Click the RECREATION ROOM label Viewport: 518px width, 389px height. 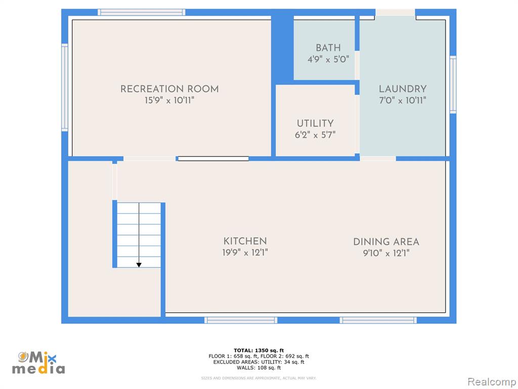click(x=169, y=89)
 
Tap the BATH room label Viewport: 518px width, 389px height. click(x=328, y=48)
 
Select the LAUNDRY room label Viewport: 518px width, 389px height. click(x=403, y=89)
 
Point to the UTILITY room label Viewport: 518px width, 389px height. click(x=315, y=124)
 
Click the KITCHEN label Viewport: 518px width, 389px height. click(x=245, y=241)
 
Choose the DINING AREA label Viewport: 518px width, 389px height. click(x=386, y=242)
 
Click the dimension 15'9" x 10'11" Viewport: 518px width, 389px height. click(x=169, y=100)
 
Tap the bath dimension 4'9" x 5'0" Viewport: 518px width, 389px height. click(x=328, y=60)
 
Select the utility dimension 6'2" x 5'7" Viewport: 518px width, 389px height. click(x=315, y=135)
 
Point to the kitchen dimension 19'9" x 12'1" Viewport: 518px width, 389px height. click(x=245, y=253)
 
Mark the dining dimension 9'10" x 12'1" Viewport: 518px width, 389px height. click(x=386, y=253)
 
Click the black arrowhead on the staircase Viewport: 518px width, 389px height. click(x=139, y=265)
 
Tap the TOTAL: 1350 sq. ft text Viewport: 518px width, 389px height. click(x=258, y=351)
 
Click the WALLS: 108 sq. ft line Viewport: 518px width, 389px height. click(x=258, y=368)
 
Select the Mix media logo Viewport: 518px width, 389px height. click(x=38, y=363)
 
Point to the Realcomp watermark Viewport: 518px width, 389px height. click(x=492, y=381)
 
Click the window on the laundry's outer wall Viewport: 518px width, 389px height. click(x=453, y=85)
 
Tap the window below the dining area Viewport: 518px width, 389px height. click(x=378, y=320)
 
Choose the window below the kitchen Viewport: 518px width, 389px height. click(x=241, y=320)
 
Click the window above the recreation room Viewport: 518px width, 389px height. click(x=142, y=12)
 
